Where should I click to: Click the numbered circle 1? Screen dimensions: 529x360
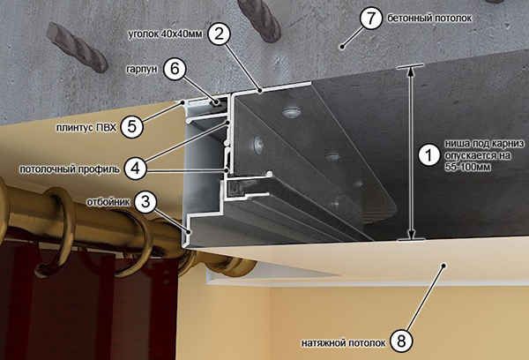[x=429, y=155]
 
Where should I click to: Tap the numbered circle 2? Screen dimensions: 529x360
[x=219, y=34]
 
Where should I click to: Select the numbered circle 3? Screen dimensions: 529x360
[x=145, y=202]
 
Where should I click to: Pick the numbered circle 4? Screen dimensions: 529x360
[x=135, y=168]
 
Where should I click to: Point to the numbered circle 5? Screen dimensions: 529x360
[x=131, y=127]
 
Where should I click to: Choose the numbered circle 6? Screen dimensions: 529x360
[x=175, y=69]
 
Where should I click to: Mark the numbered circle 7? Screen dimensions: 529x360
[x=371, y=18]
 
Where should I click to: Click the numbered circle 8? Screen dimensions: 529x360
[x=401, y=341]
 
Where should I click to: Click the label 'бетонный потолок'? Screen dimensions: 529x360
[x=429, y=19]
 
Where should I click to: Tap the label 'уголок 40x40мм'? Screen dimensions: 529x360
[x=166, y=34]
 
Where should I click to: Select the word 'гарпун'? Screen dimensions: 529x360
[x=142, y=69]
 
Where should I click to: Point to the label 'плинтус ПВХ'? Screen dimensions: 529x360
[x=86, y=128]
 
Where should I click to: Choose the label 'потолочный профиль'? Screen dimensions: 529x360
[x=70, y=169]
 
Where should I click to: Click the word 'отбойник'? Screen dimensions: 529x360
[x=108, y=202]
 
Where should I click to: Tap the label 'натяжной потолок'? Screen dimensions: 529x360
[x=344, y=343]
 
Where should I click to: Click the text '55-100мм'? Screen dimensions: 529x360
[x=467, y=167]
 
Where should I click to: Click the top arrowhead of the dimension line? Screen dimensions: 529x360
[x=411, y=71]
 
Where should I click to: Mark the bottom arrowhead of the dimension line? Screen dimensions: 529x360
[x=411, y=235]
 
